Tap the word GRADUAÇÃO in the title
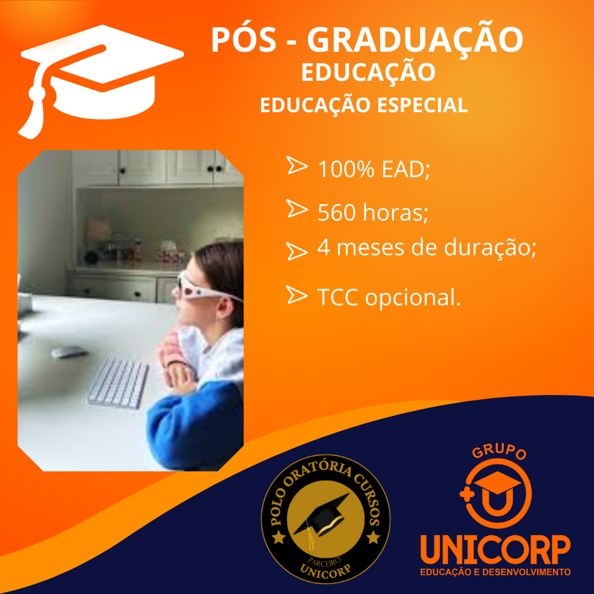[415, 40]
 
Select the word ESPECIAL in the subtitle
[422, 105]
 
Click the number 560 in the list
[337, 212]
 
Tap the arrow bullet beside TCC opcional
[296, 295]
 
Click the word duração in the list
[487, 248]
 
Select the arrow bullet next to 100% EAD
[296, 165]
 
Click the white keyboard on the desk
[118, 383]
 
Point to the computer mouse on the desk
[69, 352]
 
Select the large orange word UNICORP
[495, 549]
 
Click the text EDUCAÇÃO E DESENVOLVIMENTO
[495, 571]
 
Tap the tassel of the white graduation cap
[34, 114]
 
